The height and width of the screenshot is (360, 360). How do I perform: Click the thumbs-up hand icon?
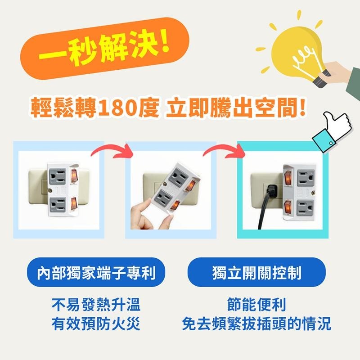coord(335,128)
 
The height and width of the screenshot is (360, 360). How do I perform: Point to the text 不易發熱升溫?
coord(96,305)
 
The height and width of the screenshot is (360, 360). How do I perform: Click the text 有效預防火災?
coord(96,324)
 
